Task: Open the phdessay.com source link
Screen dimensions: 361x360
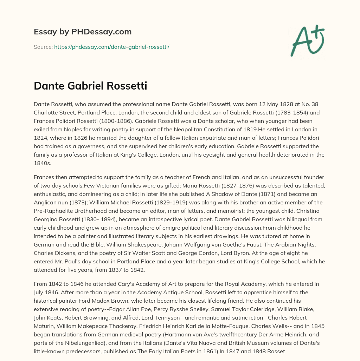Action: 111,47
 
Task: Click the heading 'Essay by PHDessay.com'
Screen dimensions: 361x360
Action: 83,32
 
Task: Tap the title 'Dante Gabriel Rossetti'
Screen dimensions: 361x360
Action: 90,86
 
